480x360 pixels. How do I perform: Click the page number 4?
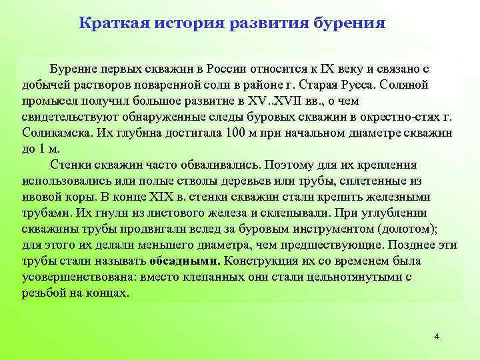(x=437, y=336)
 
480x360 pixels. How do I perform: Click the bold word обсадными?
(x=186, y=261)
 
